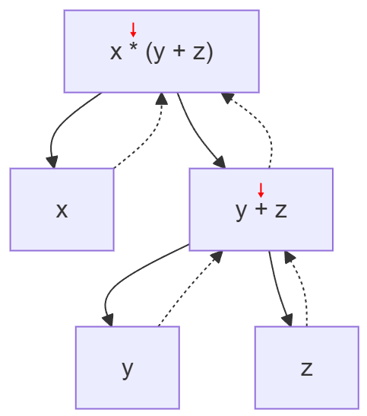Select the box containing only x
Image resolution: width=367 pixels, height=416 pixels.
click(62, 209)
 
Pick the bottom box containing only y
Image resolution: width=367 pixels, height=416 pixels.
click(127, 367)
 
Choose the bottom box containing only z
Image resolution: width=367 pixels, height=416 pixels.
click(306, 367)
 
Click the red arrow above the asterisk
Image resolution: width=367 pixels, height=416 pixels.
click(133, 30)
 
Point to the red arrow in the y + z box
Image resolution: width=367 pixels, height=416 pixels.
click(261, 189)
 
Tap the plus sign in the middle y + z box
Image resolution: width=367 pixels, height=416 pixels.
click(260, 210)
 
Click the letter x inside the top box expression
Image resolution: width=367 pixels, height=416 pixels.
click(115, 53)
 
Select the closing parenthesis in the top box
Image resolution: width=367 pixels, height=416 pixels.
click(209, 52)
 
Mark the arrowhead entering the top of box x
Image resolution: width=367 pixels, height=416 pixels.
click(52, 161)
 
